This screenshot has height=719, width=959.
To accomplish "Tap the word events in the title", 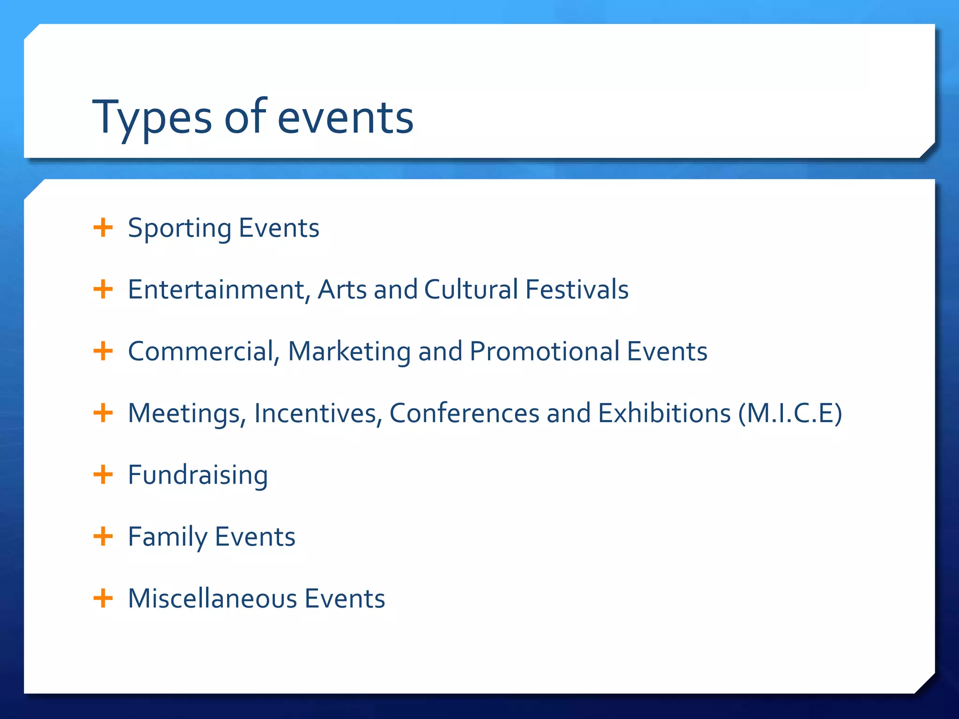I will tap(345, 118).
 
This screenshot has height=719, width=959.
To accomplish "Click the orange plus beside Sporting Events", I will tap(103, 228).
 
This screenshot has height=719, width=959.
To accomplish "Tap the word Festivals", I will tap(576, 289).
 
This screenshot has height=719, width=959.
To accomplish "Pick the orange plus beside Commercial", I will tap(103, 351).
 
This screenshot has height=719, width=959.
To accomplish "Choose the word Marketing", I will tap(349, 352).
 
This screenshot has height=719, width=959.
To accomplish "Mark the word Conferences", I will tap(464, 413).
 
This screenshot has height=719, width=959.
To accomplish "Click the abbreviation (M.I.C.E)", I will tap(790, 413).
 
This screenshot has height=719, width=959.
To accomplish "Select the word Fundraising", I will tap(198, 476).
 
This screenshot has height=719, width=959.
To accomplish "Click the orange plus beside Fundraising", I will tap(103, 475).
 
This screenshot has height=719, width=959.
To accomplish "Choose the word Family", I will tap(167, 537).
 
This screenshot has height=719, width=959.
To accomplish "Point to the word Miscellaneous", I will tap(213, 599).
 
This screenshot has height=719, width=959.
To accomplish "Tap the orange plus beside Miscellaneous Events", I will tap(103, 598).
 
